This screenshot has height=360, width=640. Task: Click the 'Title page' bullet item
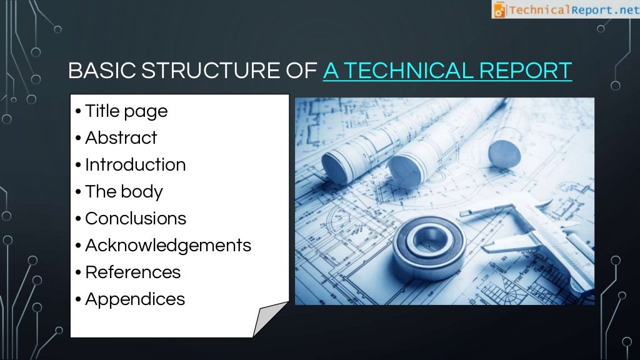click(x=126, y=111)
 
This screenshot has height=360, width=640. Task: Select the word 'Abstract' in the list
click(x=121, y=138)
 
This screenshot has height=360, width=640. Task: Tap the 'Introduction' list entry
click(x=135, y=165)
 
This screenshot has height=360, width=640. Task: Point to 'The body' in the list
click(x=124, y=192)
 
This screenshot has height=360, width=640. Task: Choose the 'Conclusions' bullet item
click(x=135, y=219)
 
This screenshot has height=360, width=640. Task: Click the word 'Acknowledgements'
click(x=167, y=246)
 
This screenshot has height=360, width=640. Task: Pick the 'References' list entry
click(x=132, y=272)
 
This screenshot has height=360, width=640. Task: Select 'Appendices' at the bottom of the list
click(x=134, y=299)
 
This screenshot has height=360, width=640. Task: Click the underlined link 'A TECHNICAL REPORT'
click(x=447, y=71)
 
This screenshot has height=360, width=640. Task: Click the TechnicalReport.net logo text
click(x=572, y=9)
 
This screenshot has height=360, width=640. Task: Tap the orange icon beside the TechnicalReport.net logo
click(x=499, y=9)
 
